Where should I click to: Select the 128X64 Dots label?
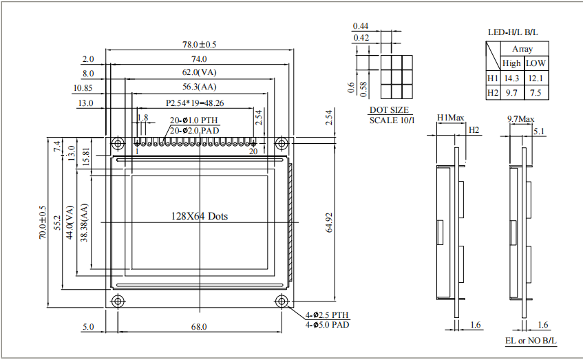click(199, 216)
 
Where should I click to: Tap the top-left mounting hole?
click(117, 143)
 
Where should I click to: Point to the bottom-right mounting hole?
click(281, 301)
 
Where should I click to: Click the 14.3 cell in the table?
click(511, 78)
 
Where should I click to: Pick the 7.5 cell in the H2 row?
click(536, 92)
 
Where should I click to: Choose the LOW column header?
click(536, 63)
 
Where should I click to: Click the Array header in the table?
click(522, 49)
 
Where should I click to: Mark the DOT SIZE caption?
click(389, 110)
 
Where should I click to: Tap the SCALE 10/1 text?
click(392, 120)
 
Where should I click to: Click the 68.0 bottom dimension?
click(199, 327)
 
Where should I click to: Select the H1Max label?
click(450, 118)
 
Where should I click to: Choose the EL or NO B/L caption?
click(531, 341)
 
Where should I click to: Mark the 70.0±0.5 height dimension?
click(43, 222)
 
